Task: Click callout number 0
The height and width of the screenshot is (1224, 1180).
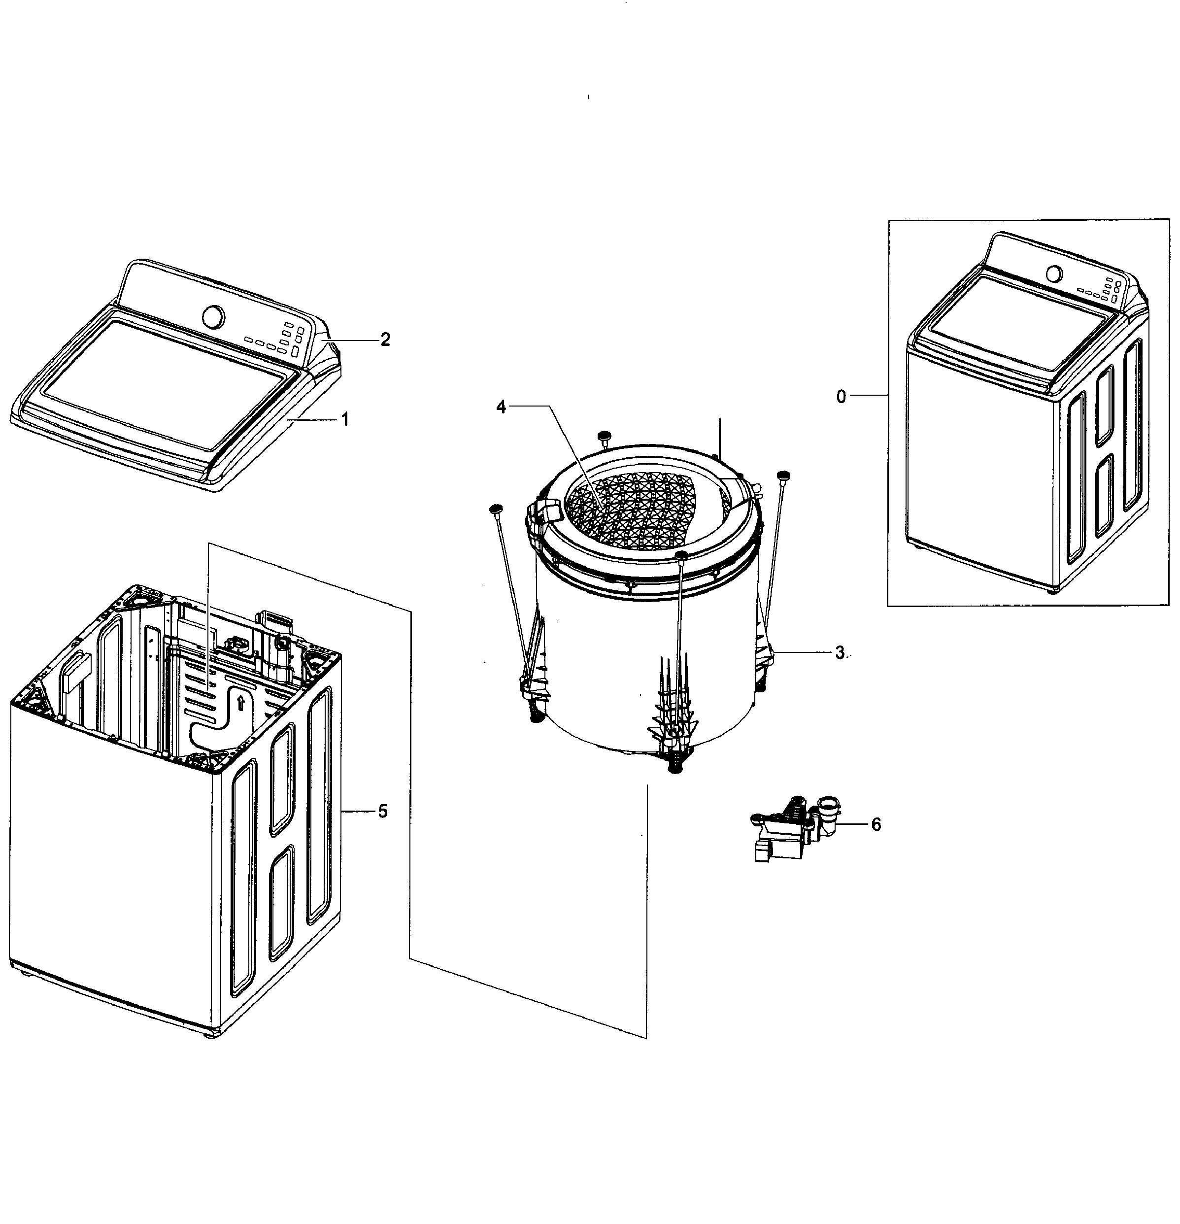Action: click(841, 397)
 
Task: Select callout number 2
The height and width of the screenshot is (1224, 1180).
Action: click(385, 340)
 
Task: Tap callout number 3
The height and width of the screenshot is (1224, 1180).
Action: click(840, 652)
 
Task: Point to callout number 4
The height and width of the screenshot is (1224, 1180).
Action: click(501, 407)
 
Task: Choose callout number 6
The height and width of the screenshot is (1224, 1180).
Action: click(876, 824)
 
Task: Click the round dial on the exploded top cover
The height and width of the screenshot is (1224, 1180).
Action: click(213, 316)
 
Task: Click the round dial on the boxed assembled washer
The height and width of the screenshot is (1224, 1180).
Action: click(1054, 274)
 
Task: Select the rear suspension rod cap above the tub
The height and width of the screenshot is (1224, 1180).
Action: click(604, 435)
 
